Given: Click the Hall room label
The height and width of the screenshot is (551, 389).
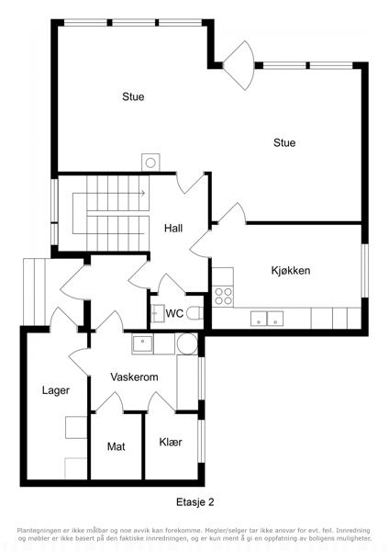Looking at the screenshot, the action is [x=173, y=229].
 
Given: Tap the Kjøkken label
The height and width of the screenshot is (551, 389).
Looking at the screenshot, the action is [x=291, y=270].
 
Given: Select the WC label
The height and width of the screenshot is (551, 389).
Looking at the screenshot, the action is [x=174, y=313].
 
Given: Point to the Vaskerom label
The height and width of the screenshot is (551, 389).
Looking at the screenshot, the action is [x=134, y=377].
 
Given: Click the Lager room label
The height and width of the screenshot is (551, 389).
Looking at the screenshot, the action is [x=56, y=390].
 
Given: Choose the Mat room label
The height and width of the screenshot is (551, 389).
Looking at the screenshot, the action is [x=117, y=446].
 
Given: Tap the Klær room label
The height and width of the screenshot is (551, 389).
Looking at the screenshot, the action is [x=171, y=442].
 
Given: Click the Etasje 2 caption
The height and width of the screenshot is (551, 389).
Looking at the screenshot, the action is [x=194, y=502].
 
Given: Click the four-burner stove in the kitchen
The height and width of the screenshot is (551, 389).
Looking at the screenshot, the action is [x=224, y=296].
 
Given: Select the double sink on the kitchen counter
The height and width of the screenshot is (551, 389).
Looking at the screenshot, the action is [x=267, y=319].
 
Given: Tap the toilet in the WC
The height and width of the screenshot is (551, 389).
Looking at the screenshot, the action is [x=194, y=313].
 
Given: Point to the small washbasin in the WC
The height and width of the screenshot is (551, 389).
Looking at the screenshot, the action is [x=158, y=313].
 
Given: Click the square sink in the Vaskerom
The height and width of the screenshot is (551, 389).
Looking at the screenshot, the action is [x=142, y=344].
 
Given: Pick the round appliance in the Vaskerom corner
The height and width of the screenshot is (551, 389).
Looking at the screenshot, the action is [x=187, y=343].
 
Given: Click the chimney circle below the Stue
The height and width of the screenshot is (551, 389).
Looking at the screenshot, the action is [x=150, y=163].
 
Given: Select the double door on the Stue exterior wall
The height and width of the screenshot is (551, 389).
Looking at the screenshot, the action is [x=239, y=65].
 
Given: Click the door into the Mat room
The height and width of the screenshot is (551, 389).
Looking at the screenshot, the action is [x=109, y=402].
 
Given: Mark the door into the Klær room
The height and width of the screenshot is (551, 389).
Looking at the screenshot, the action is [x=161, y=402].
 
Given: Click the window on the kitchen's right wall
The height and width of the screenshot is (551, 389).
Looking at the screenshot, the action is [x=365, y=271].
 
